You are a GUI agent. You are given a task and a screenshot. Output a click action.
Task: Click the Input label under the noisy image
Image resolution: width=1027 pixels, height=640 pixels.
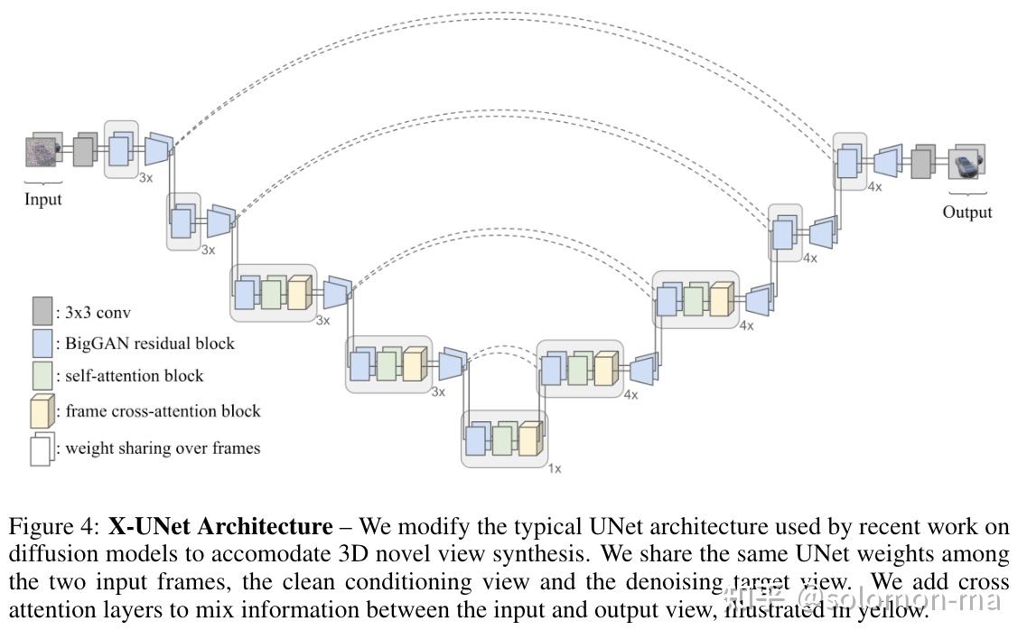42,199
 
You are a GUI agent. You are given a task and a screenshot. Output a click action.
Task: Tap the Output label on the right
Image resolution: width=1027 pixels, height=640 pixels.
966,212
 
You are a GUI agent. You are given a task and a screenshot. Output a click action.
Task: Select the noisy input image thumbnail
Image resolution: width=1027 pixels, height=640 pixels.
40,151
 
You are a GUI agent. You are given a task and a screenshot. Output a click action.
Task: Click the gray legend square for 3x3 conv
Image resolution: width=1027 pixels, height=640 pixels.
42,311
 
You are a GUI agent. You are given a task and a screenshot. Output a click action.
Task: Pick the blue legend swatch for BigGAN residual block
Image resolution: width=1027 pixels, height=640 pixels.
42,344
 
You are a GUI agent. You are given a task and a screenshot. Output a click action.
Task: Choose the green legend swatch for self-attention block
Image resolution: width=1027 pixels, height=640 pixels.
42,376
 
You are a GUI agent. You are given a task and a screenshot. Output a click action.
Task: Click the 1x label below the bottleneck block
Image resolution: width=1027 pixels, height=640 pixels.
554,468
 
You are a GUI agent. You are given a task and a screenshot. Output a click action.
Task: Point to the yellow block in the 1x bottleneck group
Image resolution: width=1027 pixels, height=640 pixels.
529,439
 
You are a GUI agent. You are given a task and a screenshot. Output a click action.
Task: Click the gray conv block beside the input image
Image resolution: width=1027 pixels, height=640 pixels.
83,150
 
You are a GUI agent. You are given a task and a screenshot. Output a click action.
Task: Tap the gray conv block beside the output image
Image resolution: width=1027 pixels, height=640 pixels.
921,164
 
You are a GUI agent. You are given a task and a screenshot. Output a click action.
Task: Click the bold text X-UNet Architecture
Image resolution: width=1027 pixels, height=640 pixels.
219,527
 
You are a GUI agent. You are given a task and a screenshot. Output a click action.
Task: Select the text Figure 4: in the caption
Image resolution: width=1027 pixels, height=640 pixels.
54,527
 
